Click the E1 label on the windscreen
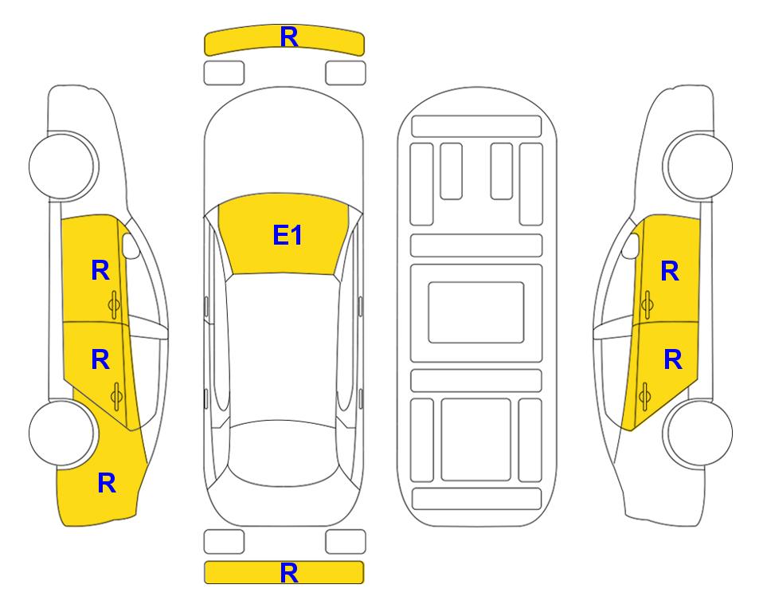(x=288, y=235)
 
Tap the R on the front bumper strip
(x=289, y=37)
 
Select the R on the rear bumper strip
(x=289, y=573)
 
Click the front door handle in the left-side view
(x=114, y=305)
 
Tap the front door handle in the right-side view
(x=648, y=304)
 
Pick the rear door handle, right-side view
(x=644, y=397)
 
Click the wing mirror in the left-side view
(x=131, y=246)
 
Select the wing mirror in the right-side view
(x=631, y=246)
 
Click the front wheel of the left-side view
(x=62, y=166)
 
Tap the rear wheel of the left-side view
(x=62, y=433)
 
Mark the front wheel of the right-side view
(x=699, y=166)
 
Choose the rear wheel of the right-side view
(x=699, y=433)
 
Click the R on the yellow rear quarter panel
(x=107, y=483)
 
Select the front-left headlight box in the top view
(x=224, y=73)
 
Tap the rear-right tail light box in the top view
(x=346, y=542)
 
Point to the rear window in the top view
(x=284, y=453)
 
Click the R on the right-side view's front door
(x=670, y=271)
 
